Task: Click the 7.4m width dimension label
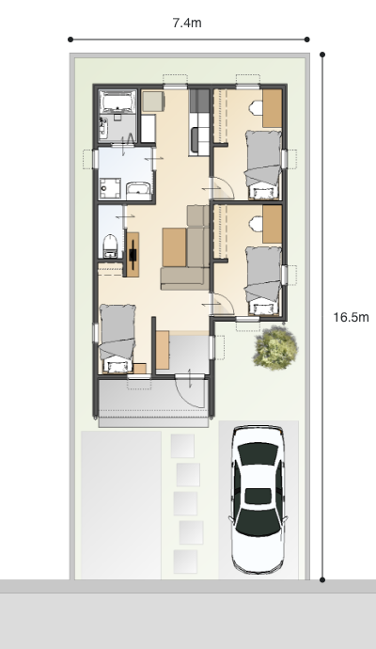187,24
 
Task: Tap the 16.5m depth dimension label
351,318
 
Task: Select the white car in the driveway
258,499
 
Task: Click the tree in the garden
275,347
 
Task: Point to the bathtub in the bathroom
117,102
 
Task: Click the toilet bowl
110,245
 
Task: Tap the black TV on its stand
133,254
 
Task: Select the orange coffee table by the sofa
174,247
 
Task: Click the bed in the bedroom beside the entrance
117,339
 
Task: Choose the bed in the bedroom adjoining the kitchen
263,165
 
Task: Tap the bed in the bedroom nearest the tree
263,280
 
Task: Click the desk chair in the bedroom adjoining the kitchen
256,108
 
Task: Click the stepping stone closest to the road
185,562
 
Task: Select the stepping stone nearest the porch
182,446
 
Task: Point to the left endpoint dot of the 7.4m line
70,40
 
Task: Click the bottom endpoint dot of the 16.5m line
322,580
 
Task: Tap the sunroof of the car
258,496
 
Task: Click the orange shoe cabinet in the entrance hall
163,350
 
